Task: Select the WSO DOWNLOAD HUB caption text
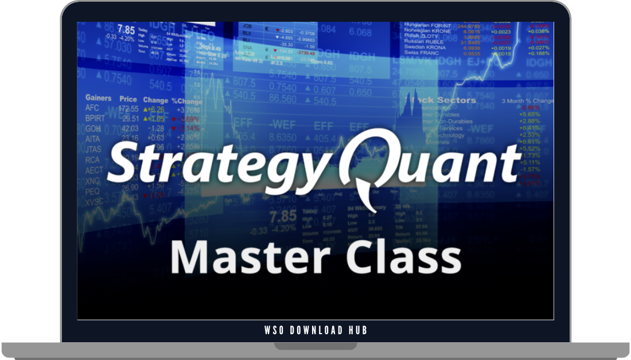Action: click(315, 330)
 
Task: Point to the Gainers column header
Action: click(98, 99)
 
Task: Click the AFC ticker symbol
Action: click(92, 108)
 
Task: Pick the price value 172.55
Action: click(128, 108)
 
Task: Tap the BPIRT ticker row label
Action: click(95, 119)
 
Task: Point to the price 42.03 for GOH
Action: click(130, 128)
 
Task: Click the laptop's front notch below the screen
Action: click(315, 346)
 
